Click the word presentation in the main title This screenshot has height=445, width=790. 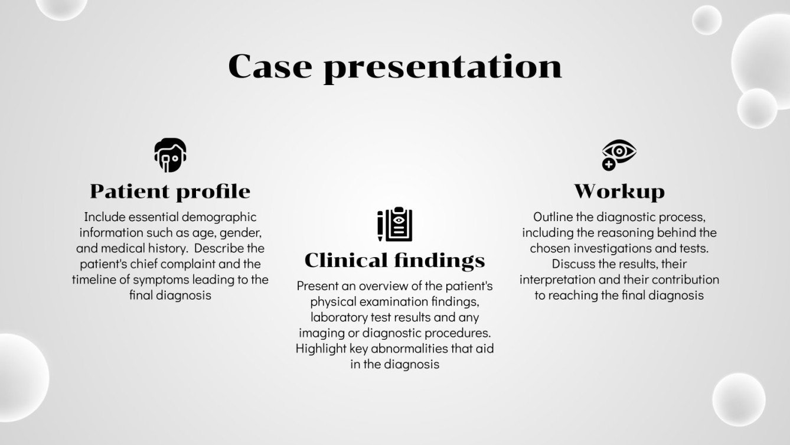coord(443,67)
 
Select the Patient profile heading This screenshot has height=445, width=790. coord(170,191)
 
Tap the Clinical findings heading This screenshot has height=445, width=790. coord(394,260)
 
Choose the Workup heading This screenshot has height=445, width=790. coord(619,191)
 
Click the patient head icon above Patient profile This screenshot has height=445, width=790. coord(170,155)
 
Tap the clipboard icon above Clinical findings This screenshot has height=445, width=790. coord(394,225)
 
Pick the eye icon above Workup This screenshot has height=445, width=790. coord(618,154)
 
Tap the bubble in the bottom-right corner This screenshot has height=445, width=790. coord(738,399)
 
